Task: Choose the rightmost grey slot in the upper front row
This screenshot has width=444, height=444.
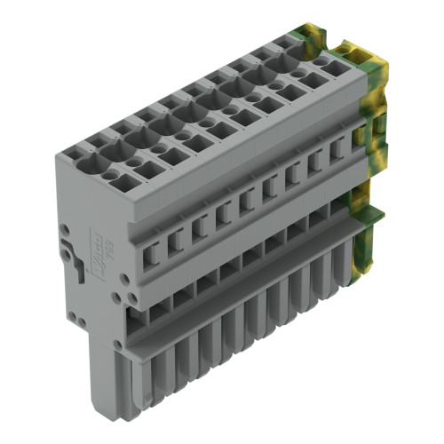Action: (337, 152)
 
